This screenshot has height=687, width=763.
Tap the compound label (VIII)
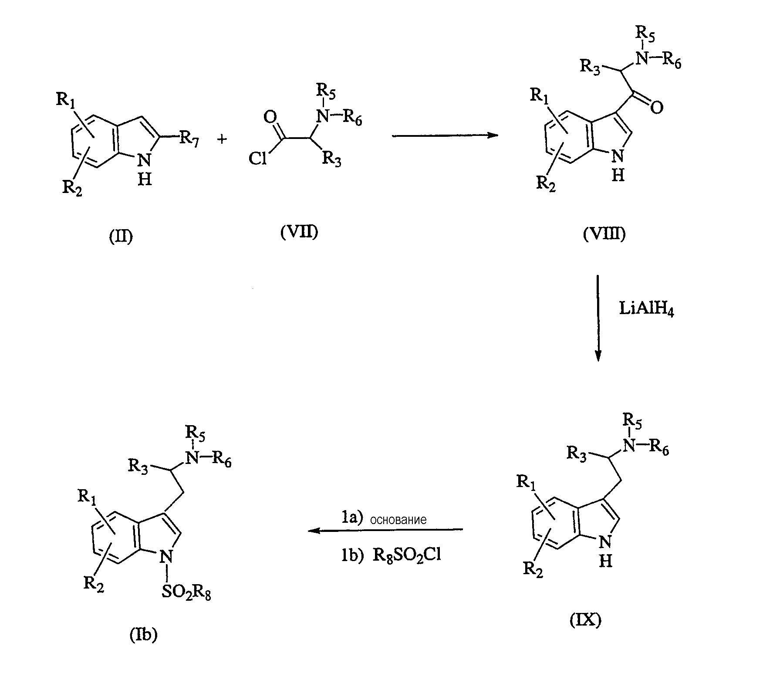pos(604,234)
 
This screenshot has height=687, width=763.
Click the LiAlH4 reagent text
pos(646,310)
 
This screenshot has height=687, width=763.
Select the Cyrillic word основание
pos(398,519)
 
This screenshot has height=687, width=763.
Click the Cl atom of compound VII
pos(257,159)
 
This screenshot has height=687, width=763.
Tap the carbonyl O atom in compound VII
pos(270,117)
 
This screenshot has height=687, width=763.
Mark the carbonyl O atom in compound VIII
pos(657,107)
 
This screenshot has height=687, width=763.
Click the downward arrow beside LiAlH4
pos(598,318)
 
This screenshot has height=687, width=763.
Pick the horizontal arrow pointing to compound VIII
pos(445,135)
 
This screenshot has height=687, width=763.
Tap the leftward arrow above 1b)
pos(385,530)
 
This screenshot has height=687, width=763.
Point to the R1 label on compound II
pos(66,100)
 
